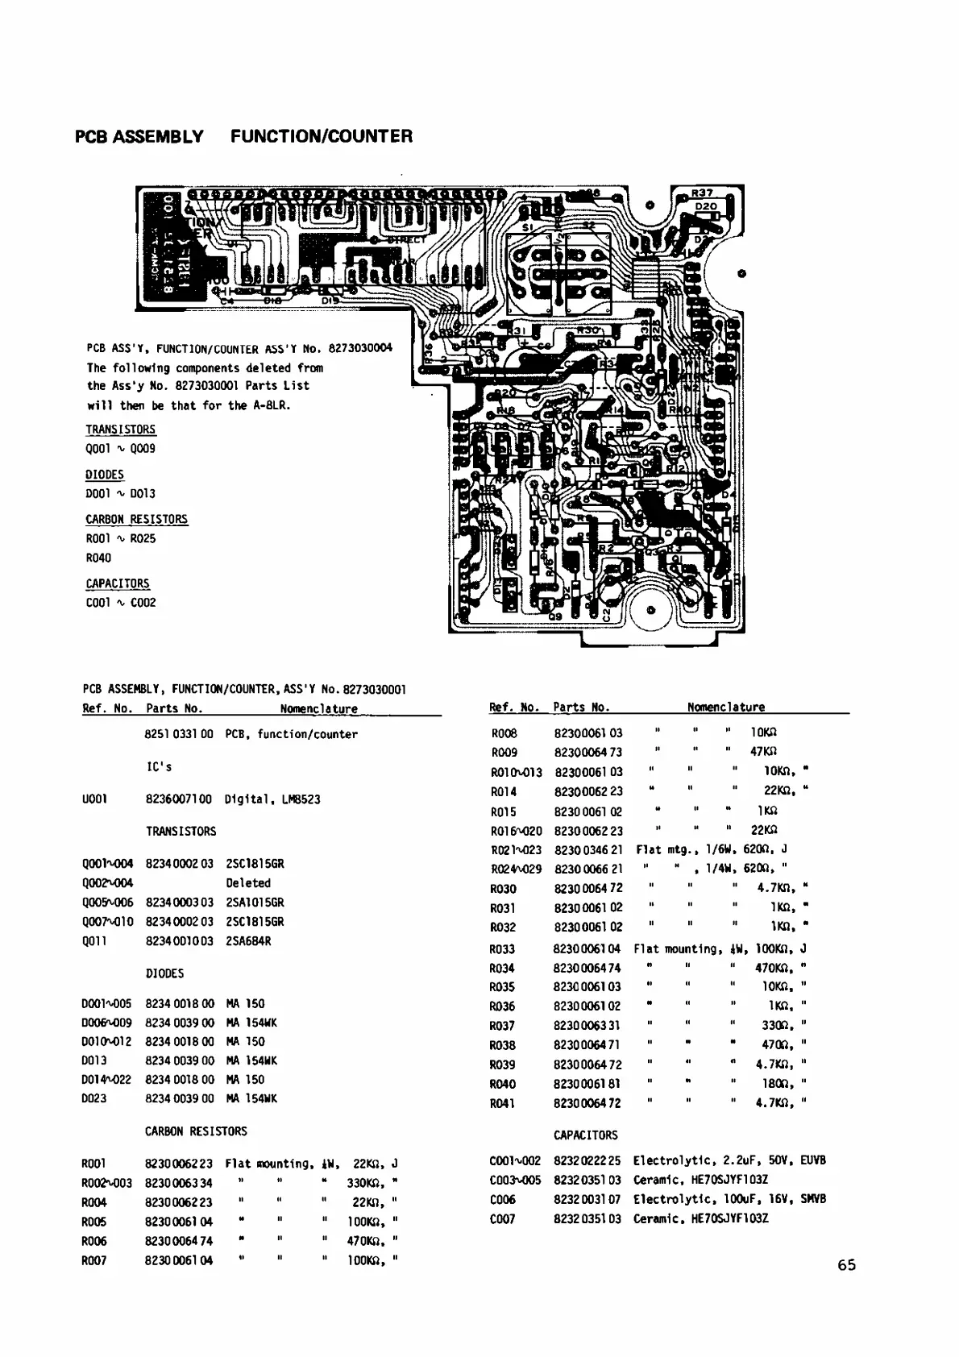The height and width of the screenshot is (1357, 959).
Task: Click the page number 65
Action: click(846, 1265)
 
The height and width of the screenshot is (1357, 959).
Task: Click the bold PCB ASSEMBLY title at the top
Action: click(139, 136)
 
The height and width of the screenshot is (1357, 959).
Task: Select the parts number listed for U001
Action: click(178, 799)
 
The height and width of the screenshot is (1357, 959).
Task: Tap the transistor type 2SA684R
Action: click(248, 941)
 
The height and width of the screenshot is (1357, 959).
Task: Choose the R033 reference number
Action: click(502, 949)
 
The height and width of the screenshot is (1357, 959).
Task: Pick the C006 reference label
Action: click(502, 1199)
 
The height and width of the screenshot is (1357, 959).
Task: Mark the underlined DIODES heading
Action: click(105, 475)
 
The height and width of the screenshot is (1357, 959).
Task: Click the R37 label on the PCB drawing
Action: click(702, 193)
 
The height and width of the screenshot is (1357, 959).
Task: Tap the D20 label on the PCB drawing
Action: click(707, 206)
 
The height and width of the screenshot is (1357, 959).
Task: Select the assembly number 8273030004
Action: click(359, 349)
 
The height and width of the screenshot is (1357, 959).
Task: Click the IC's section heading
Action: click(159, 766)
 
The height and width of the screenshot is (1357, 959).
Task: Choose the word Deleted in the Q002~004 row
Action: click(248, 883)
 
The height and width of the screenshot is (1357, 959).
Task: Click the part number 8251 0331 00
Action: click(178, 734)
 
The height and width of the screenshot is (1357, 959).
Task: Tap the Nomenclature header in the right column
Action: click(725, 708)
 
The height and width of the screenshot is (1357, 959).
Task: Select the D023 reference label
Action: click(94, 1098)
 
